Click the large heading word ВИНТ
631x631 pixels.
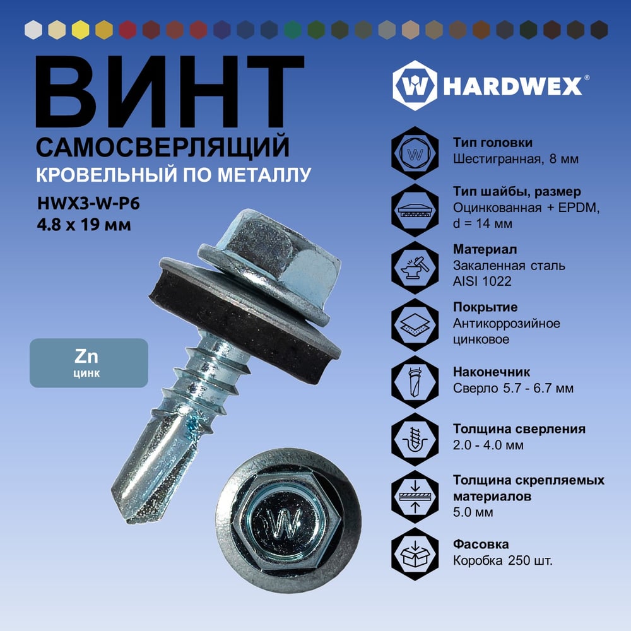coord(170,91)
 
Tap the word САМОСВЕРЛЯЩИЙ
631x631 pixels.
coord(163,147)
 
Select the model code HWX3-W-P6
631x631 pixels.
coord(88,204)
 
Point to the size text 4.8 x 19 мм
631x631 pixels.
coord(84,225)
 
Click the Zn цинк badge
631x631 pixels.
coord(89,363)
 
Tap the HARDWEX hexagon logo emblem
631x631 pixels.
coord(415,86)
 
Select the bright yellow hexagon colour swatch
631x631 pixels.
coord(81,30)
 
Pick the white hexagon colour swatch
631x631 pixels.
coord(33,30)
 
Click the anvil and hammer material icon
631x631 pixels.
coord(415,268)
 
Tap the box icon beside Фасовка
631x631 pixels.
coord(415,554)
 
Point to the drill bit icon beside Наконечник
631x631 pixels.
coord(415,382)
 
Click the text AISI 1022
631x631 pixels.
coord(482,281)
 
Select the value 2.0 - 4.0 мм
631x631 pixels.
coord(488,445)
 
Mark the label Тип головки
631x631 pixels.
coord(493,143)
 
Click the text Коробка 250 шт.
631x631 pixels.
coord(503,560)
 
